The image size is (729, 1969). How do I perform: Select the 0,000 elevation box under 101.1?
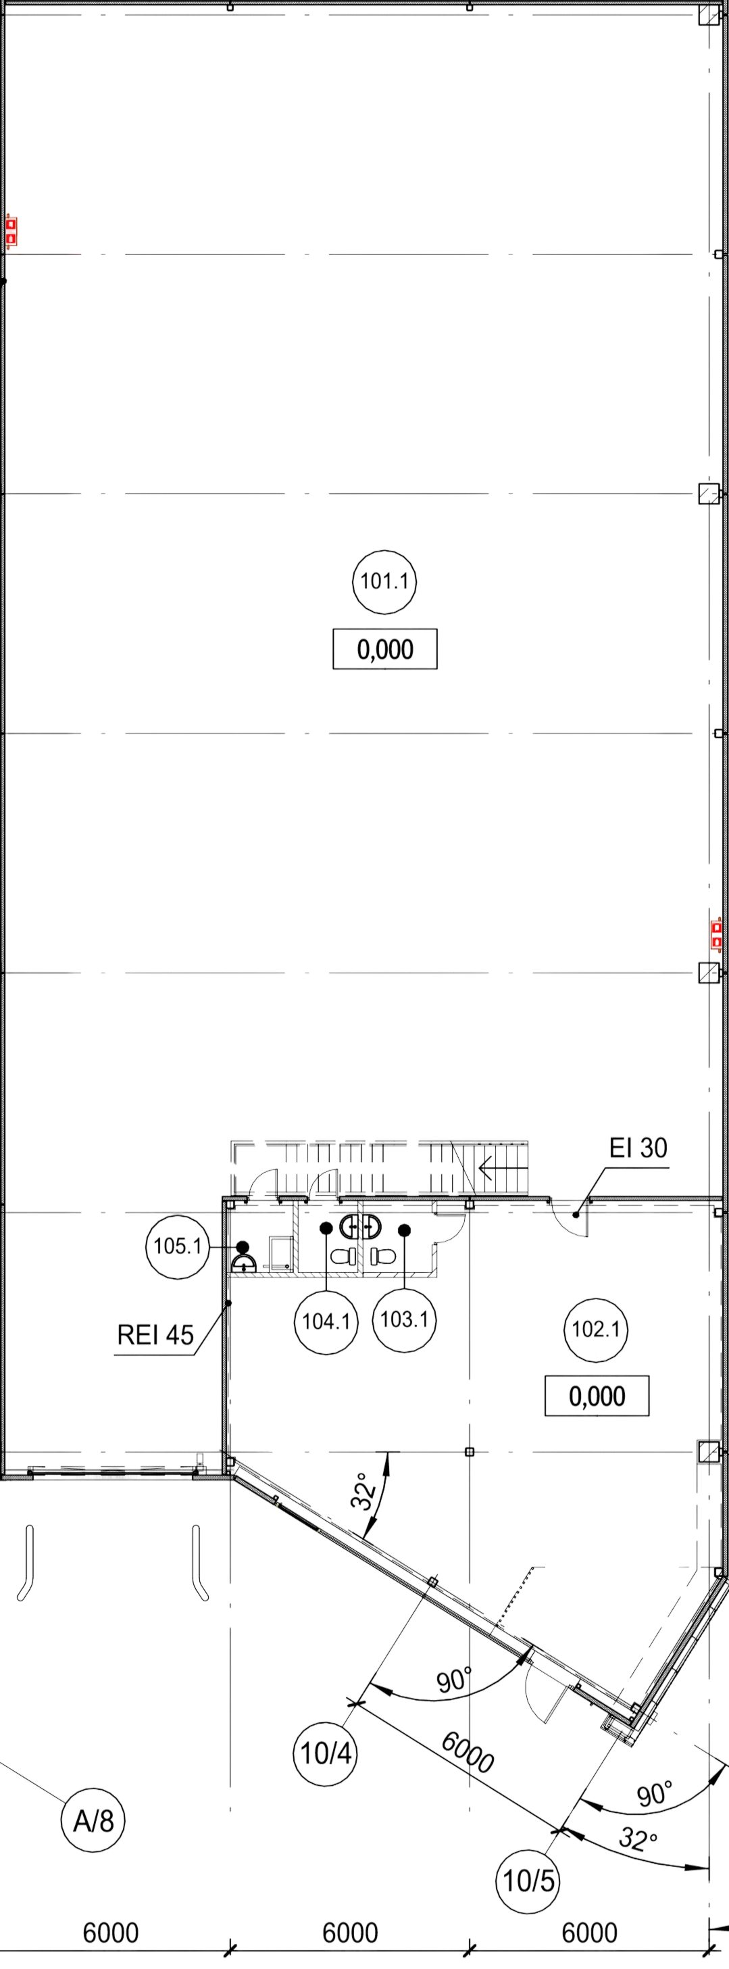(x=385, y=650)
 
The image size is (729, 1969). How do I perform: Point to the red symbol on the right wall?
(x=716, y=935)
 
